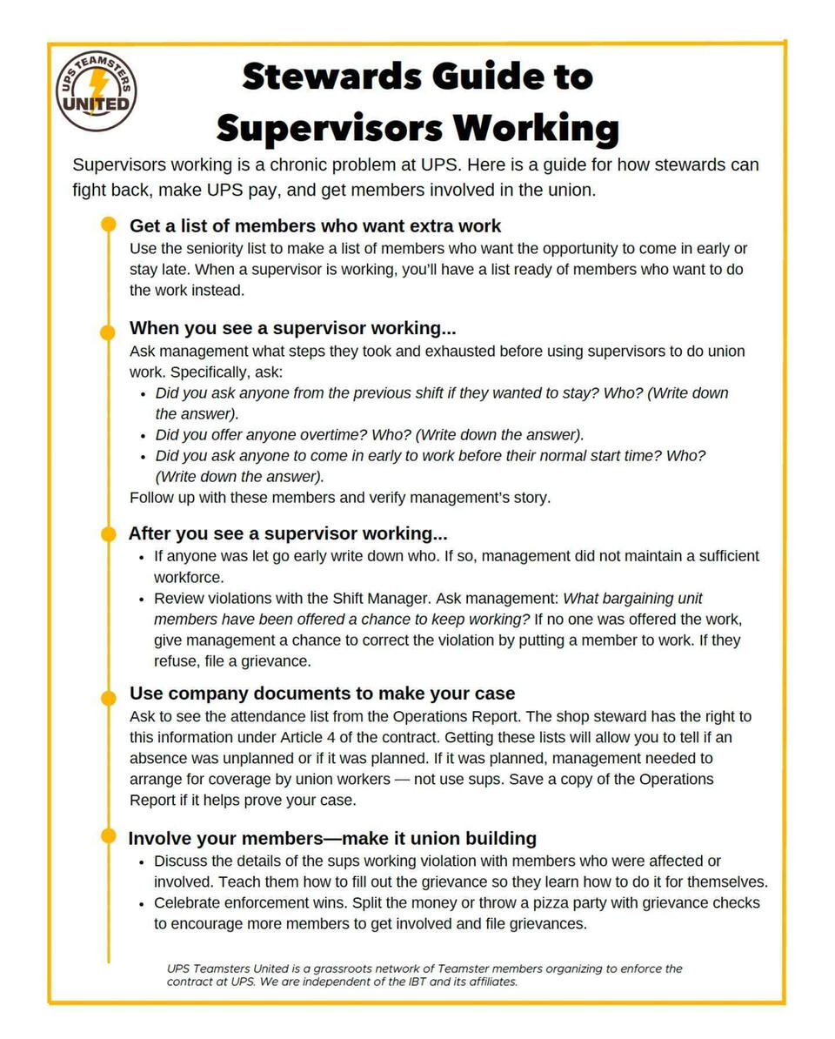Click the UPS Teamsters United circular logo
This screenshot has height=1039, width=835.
(x=96, y=90)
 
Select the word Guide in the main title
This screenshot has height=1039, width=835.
(x=491, y=77)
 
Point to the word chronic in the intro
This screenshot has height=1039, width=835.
(x=331, y=164)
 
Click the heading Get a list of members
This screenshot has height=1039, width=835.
(x=315, y=225)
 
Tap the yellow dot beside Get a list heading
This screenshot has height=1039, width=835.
(x=108, y=225)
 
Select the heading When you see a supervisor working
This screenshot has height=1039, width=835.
(x=292, y=328)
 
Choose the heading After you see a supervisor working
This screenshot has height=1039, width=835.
(x=287, y=533)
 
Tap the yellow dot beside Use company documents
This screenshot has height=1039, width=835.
(x=108, y=698)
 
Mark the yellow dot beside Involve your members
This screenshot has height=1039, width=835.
(x=108, y=836)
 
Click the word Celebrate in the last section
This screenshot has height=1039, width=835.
(x=189, y=903)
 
